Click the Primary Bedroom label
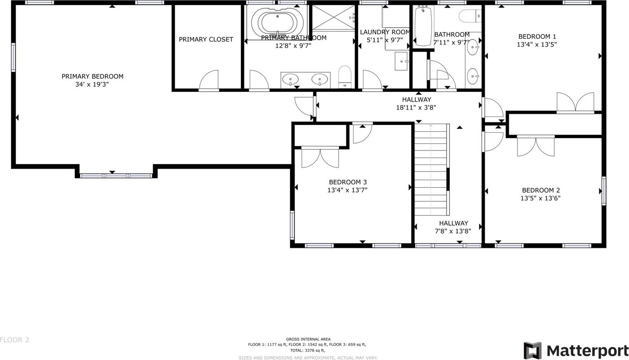(93, 76)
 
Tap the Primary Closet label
(206, 39)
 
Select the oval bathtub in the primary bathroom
(278, 22)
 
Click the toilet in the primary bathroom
(345, 77)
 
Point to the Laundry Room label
(385, 32)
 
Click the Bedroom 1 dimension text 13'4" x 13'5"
(537, 44)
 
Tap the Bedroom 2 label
(541, 190)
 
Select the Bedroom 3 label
(348, 182)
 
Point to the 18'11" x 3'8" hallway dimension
(416, 107)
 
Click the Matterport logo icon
(532, 351)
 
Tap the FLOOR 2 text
(14, 340)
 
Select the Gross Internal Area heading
(308, 339)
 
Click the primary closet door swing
(209, 80)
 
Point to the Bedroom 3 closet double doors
(320, 158)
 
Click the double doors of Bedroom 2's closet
(536, 146)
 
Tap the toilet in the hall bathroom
(470, 16)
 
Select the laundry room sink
(401, 61)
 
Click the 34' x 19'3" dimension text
(92, 84)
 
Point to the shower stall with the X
(333, 17)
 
